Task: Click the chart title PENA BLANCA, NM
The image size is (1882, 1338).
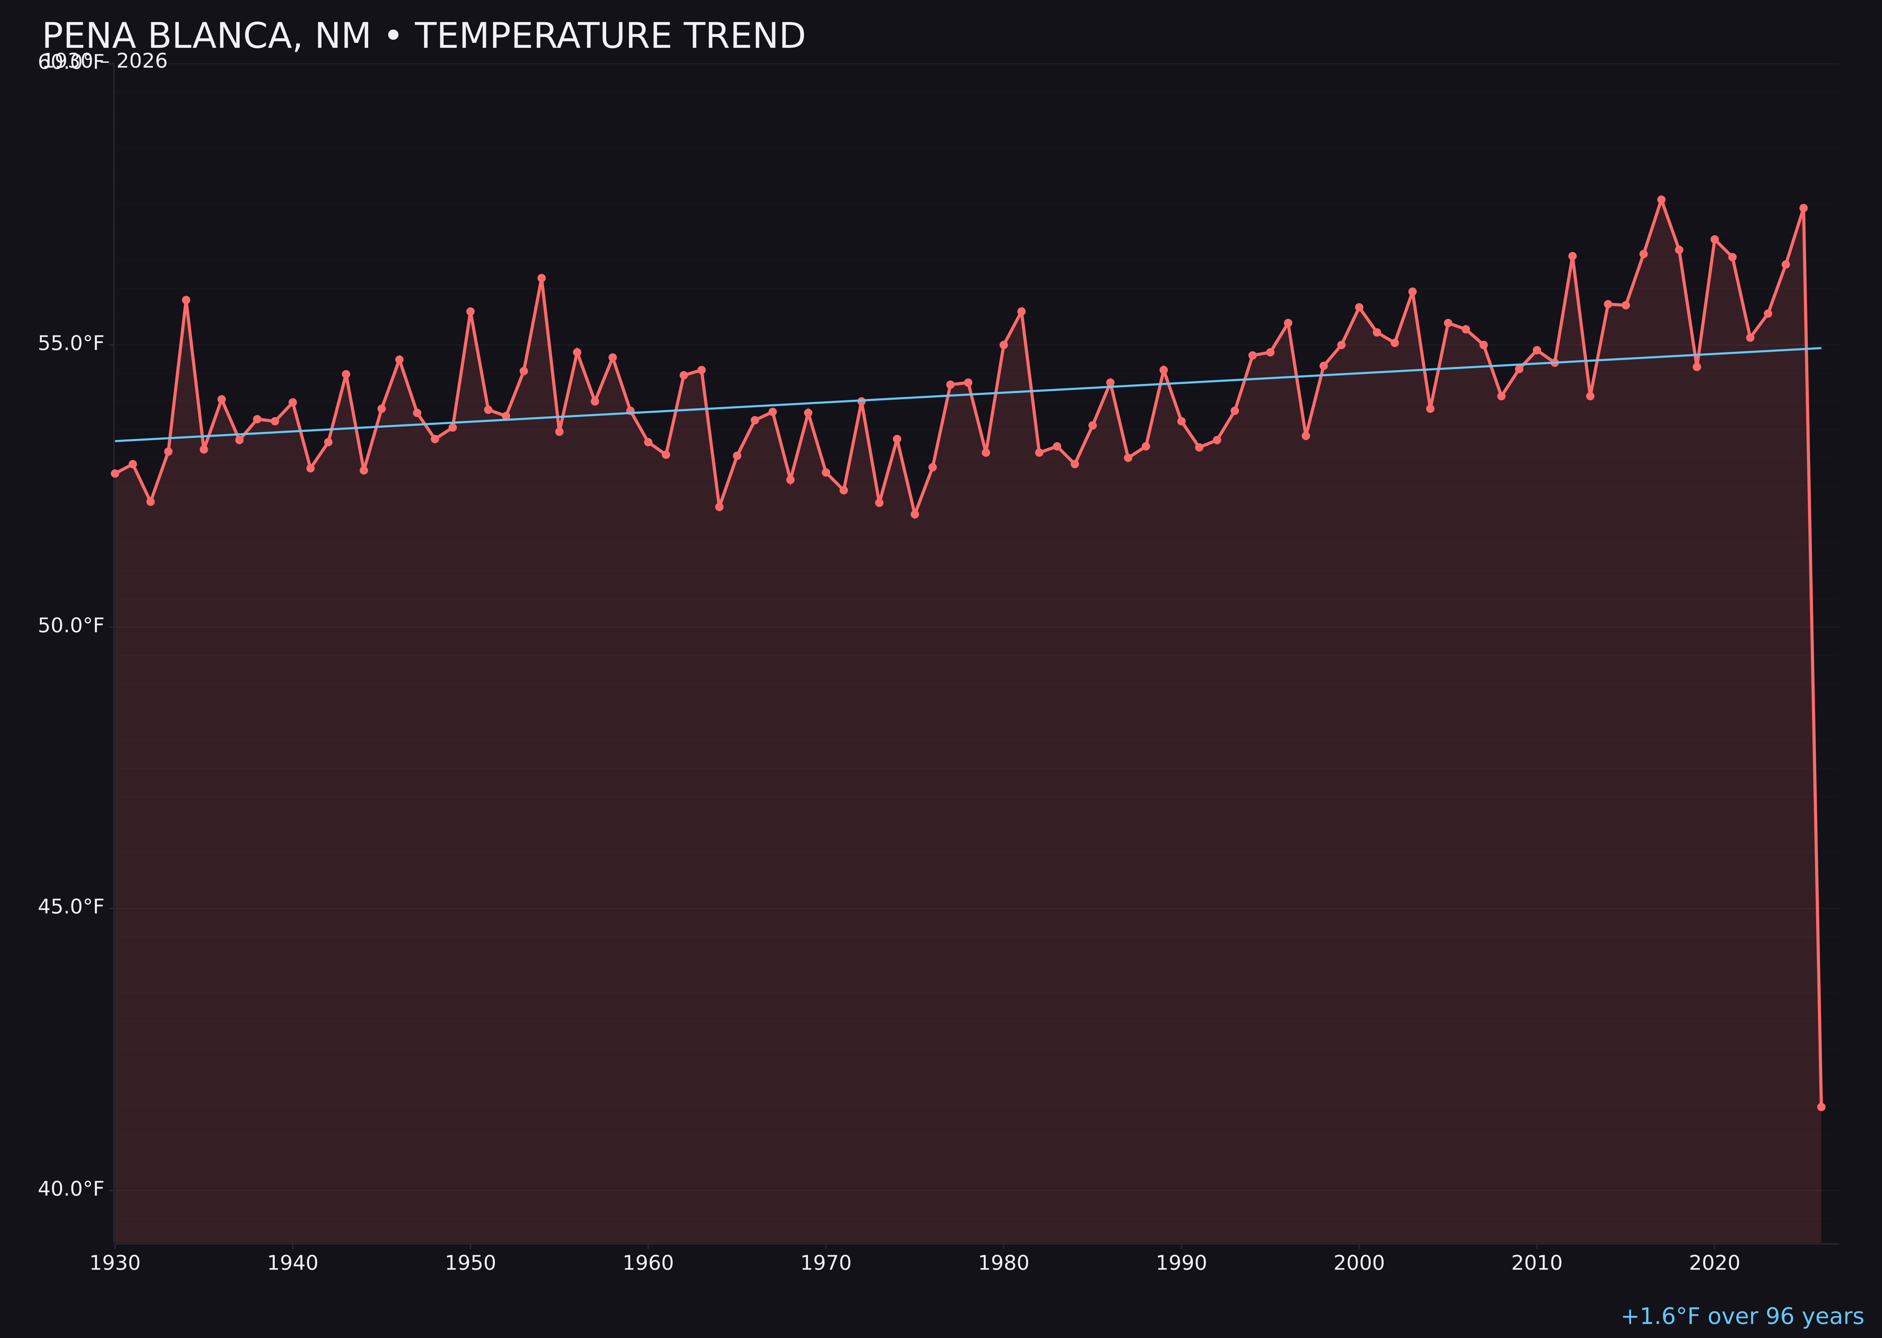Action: [423, 36]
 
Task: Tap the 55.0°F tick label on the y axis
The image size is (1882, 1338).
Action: [71, 343]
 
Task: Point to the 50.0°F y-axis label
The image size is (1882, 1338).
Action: [71, 625]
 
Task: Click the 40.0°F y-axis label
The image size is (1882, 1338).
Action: [71, 1189]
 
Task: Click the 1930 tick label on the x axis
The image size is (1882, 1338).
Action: [115, 1263]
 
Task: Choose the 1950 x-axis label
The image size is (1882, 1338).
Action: [470, 1263]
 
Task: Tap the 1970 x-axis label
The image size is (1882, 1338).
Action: [826, 1263]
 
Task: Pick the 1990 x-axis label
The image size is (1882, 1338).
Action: [1181, 1263]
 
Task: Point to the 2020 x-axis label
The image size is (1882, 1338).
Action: [1714, 1263]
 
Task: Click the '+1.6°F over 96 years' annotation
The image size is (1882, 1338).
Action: [1742, 1316]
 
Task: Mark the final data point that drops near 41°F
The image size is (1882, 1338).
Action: [1821, 1107]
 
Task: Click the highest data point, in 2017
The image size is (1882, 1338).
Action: [1661, 199]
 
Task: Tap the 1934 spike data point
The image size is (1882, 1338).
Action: [186, 300]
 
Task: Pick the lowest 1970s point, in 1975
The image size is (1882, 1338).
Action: [915, 514]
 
